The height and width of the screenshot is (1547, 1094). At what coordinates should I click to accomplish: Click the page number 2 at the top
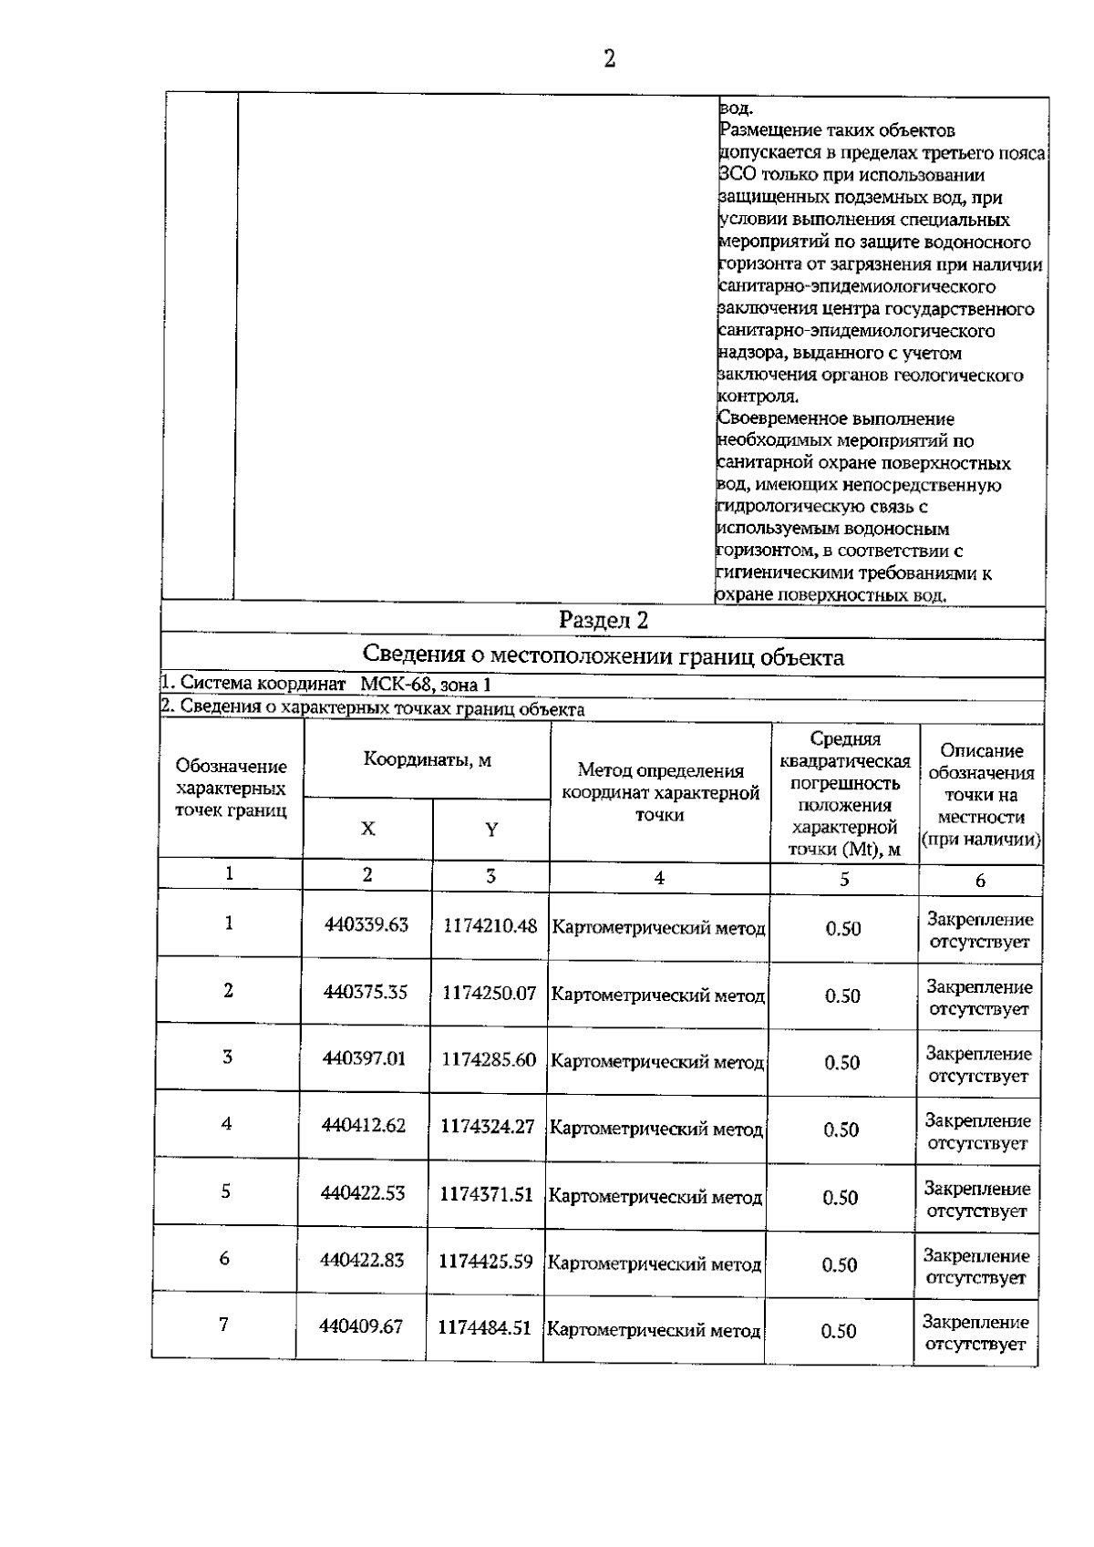click(x=609, y=59)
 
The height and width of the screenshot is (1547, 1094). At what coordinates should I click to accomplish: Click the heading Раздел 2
click(x=604, y=621)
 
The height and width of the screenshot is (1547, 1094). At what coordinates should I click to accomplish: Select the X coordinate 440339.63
click(x=366, y=924)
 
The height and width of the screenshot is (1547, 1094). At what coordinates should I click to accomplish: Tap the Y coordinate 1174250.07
click(x=490, y=993)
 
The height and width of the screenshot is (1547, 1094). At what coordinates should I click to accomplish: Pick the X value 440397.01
click(x=365, y=1059)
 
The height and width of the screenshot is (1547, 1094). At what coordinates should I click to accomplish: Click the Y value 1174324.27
click(x=488, y=1127)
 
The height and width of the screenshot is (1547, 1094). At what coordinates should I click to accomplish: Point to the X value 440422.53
click(x=363, y=1193)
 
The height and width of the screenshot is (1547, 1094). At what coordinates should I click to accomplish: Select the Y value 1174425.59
click(x=486, y=1262)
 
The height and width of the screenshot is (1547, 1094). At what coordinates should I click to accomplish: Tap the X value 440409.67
click(x=361, y=1327)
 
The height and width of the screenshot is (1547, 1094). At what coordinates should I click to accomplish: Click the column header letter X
click(x=367, y=829)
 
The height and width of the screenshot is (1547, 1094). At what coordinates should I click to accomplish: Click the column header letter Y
click(x=491, y=830)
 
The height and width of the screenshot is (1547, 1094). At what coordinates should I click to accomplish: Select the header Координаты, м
click(x=428, y=759)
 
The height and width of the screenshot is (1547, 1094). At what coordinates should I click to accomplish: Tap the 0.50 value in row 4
click(x=841, y=1130)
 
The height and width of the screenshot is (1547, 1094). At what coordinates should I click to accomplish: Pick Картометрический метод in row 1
click(x=659, y=929)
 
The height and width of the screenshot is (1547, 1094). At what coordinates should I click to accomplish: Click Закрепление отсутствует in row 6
click(x=976, y=1266)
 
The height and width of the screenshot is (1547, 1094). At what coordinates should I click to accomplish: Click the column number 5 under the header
click(x=844, y=879)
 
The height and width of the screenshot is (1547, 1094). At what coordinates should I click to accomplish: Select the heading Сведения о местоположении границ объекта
click(x=604, y=656)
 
